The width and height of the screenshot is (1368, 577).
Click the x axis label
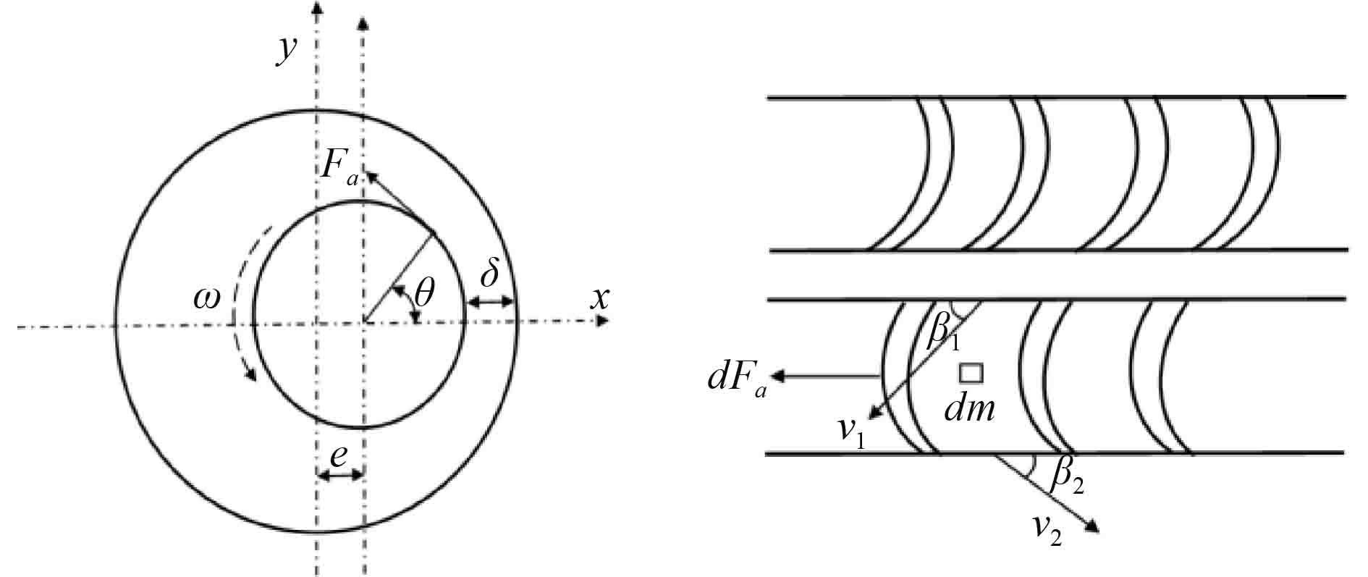[x=599, y=297]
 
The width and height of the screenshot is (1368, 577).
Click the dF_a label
[x=736, y=382]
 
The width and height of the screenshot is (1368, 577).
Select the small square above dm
[x=971, y=373]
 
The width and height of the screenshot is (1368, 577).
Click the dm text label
[x=970, y=410]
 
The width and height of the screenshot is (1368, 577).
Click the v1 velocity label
[x=852, y=432]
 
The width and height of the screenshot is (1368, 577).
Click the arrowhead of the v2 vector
[x=1094, y=528]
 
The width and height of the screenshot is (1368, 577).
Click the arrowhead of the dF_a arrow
[x=779, y=376]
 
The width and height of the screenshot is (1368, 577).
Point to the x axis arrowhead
[x=601, y=320]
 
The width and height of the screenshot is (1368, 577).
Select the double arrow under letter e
[x=339, y=476]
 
